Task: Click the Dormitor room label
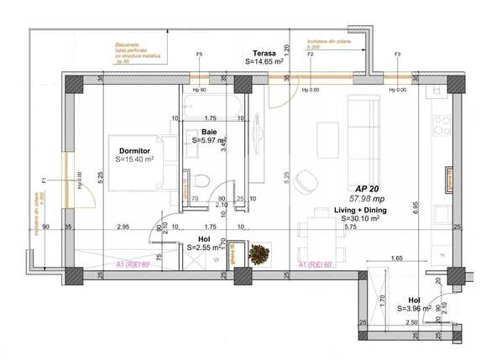point(133,150)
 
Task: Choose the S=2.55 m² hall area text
point(206,247)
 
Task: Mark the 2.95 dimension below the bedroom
point(123,227)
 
